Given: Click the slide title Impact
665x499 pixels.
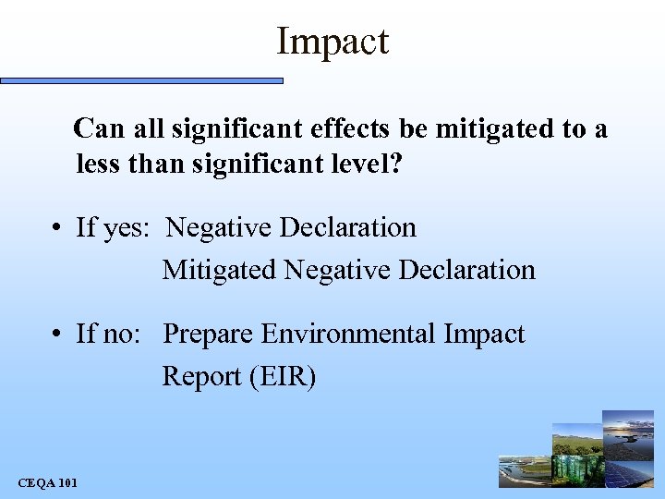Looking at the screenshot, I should click(332, 42).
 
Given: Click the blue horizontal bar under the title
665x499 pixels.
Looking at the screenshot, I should click(141, 81).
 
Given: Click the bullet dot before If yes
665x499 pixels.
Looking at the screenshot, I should click(57, 228).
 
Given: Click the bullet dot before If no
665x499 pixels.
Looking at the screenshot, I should click(57, 335).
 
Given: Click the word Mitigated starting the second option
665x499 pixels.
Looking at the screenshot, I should click(219, 270).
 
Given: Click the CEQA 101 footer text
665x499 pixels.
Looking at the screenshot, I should click(47, 483).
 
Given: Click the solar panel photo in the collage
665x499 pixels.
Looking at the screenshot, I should click(631, 470).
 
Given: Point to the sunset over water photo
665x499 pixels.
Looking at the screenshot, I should click(629, 426).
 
